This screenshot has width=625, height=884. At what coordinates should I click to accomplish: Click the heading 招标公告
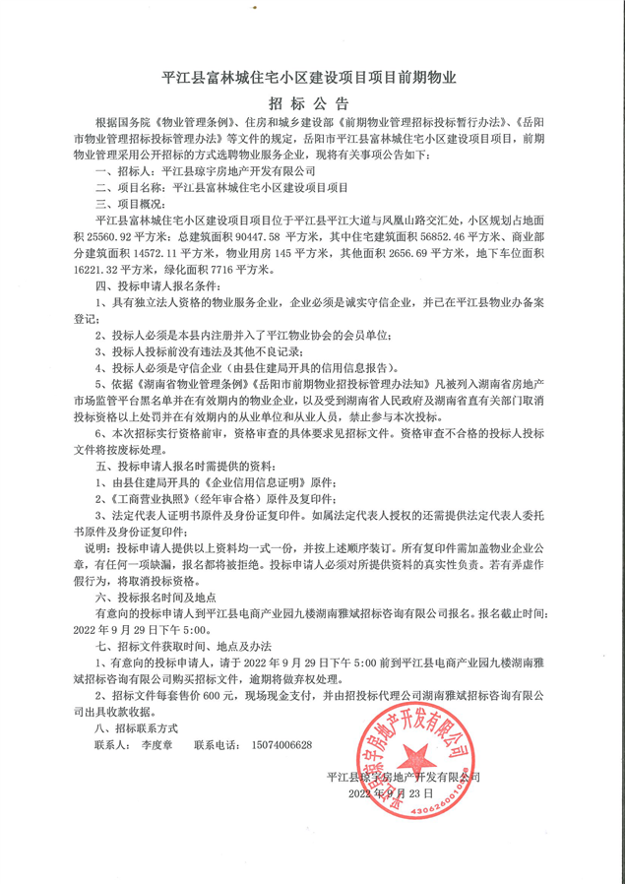pos(312,103)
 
